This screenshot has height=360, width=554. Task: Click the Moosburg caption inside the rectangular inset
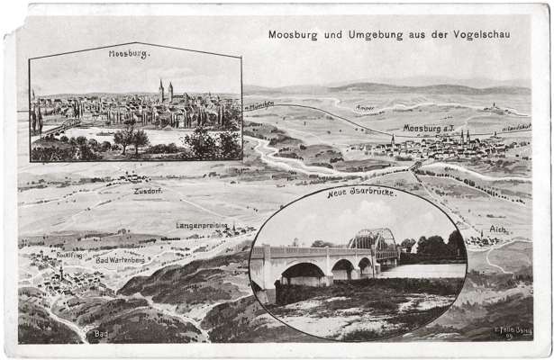129,54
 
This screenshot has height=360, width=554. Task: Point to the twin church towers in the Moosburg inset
165,92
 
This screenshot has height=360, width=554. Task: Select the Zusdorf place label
147,191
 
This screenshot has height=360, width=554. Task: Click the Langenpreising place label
201,225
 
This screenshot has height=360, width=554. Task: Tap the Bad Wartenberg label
120,259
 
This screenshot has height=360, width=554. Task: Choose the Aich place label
497,230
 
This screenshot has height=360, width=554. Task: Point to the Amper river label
365,108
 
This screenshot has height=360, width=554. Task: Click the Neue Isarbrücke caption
360,193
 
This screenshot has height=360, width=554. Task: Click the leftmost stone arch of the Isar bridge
303,272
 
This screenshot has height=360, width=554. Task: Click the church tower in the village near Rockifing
61,269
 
